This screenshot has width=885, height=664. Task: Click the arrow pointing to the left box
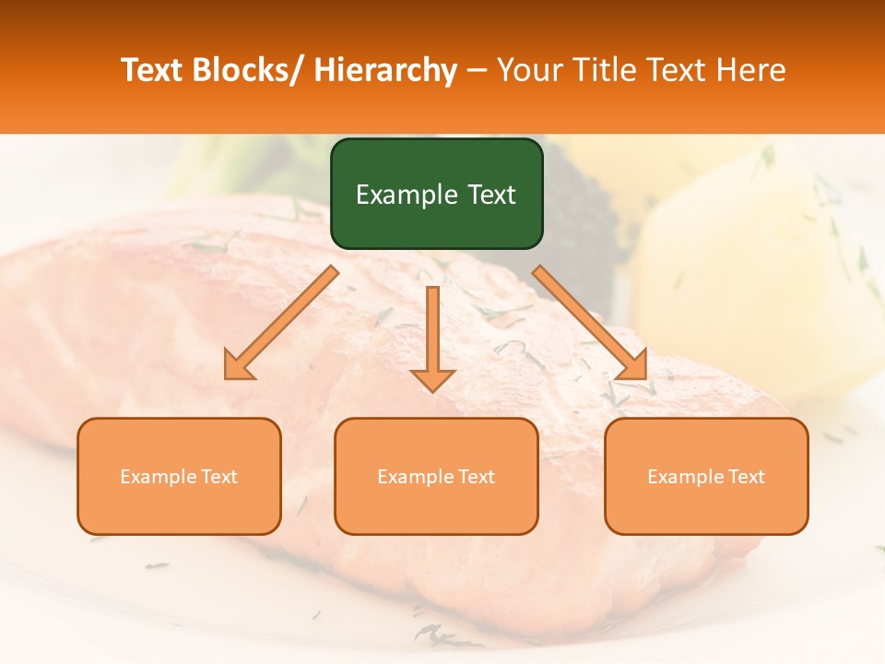281,323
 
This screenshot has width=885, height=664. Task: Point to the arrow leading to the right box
590,323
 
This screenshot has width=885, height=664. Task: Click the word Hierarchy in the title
385,70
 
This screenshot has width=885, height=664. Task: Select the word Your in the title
528,70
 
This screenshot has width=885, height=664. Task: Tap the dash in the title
477,70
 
